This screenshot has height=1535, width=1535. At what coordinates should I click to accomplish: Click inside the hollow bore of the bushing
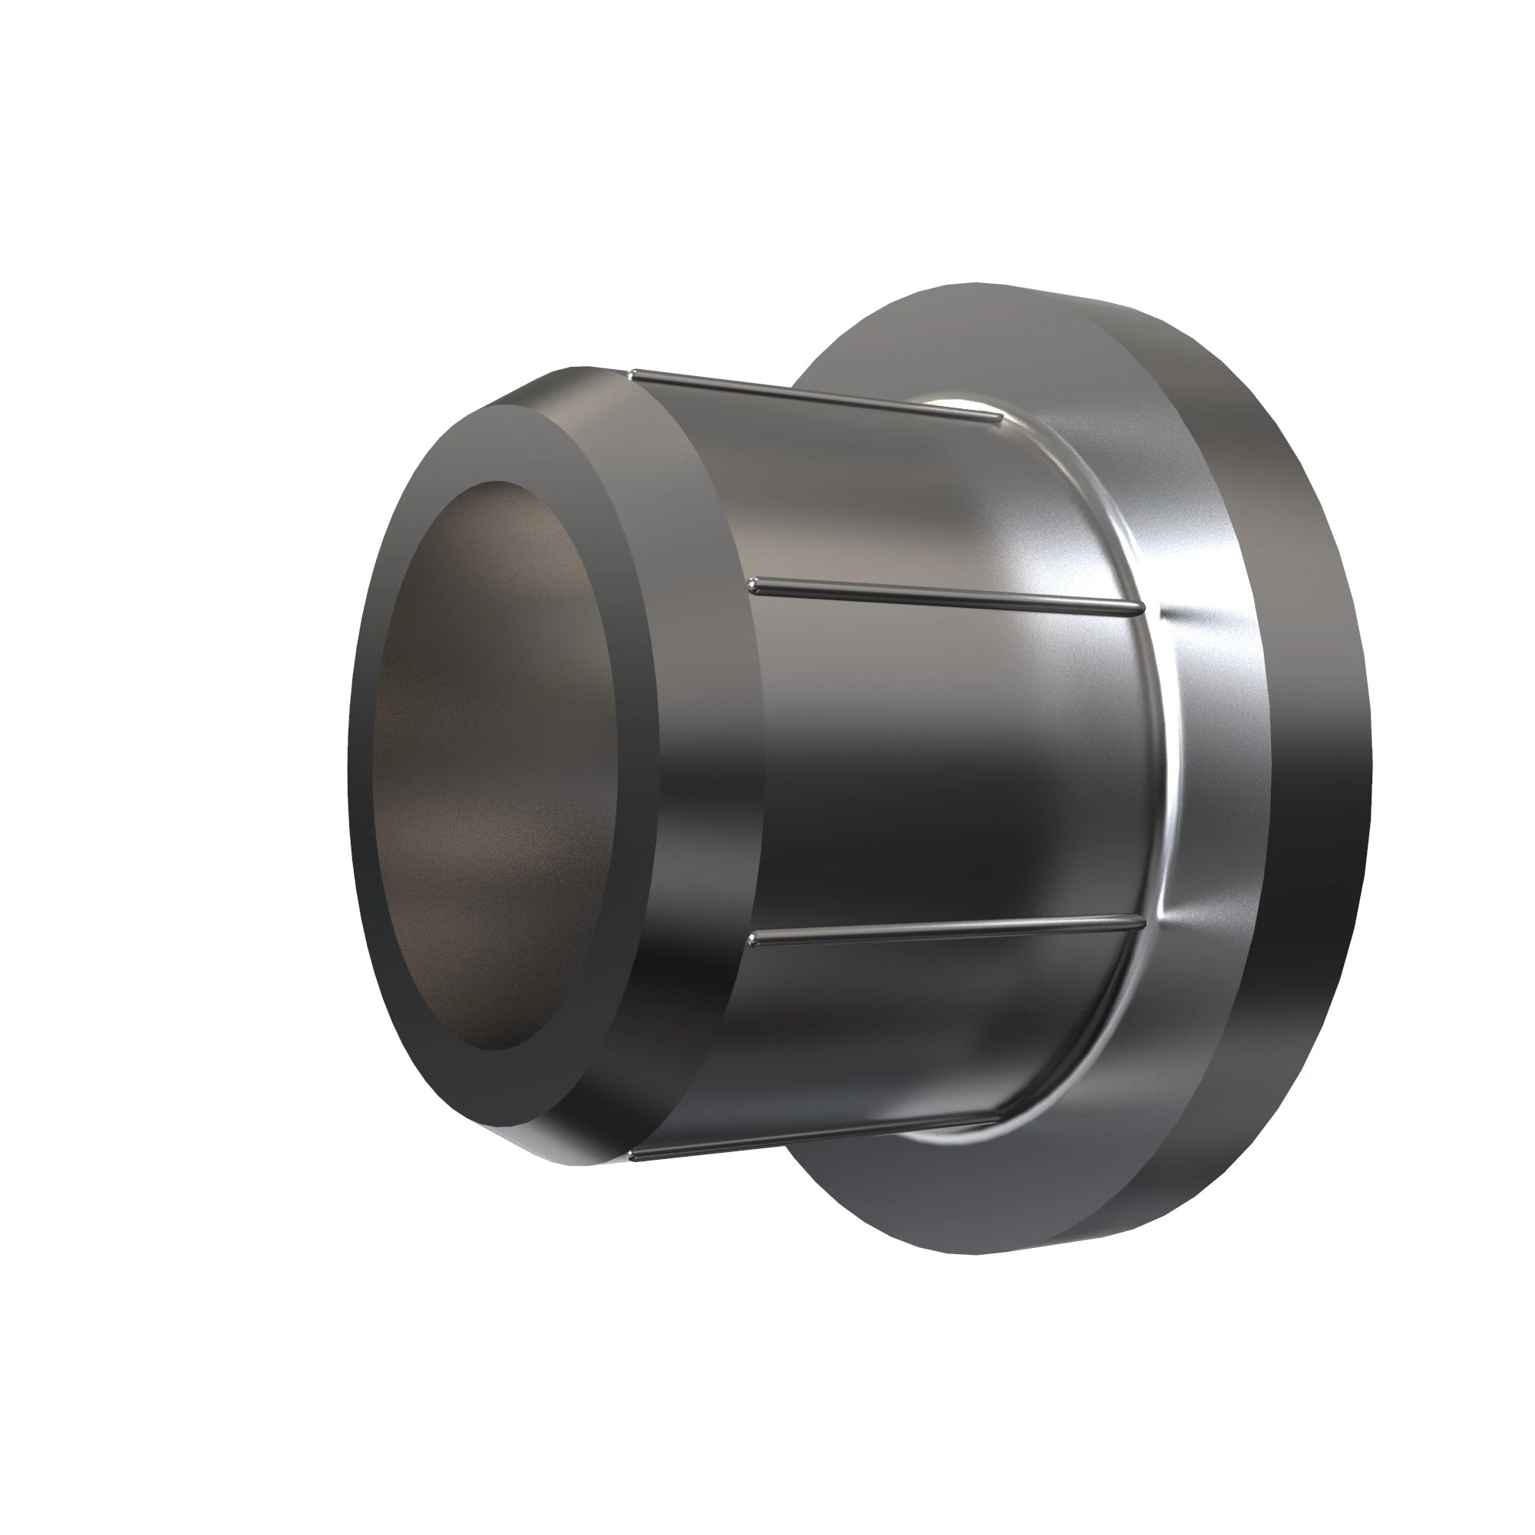tap(500, 763)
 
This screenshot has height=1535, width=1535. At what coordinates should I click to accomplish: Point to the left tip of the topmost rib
tap(632, 373)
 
